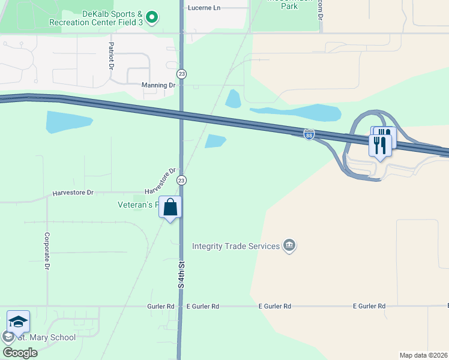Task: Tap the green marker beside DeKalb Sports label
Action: click(x=152, y=17)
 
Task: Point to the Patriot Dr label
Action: click(x=112, y=56)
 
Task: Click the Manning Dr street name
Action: click(x=158, y=85)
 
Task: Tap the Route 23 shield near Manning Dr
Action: click(x=181, y=73)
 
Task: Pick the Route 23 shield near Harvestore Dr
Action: click(x=181, y=180)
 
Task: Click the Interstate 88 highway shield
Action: click(x=309, y=134)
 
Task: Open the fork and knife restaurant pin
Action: click(x=380, y=145)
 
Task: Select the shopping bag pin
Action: click(x=170, y=208)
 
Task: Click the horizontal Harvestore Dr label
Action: click(x=73, y=193)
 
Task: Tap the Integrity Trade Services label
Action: click(x=236, y=246)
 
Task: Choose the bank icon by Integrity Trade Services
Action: click(x=290, y=246)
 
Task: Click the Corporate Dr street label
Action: click(x=46, y=251)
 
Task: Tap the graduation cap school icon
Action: click(x=18, y=322)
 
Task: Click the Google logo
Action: click(x=20, y=352)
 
